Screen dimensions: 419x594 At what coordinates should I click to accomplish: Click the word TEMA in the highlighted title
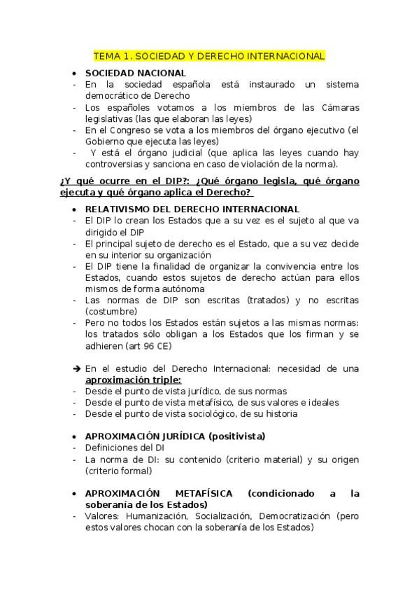107,55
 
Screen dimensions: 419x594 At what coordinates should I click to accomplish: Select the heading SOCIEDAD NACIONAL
135,73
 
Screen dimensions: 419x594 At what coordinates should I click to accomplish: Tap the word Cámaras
339,107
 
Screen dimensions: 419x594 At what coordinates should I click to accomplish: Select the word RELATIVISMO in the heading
118,209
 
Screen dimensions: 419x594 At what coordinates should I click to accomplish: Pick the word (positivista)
236,436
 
